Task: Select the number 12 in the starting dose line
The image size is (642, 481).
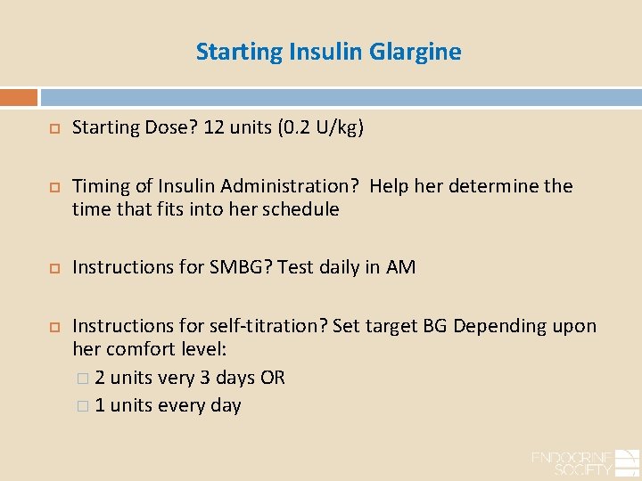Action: [214, 127]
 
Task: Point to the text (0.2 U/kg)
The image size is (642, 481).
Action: [320, 127]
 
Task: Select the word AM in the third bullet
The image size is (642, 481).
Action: [400, 266]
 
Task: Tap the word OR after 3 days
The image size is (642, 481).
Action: [273, 378]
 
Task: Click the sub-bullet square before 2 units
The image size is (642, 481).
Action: [83, 379]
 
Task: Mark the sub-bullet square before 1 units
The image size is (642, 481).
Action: [83, 406]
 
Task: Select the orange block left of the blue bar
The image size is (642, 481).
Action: [19, 97]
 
